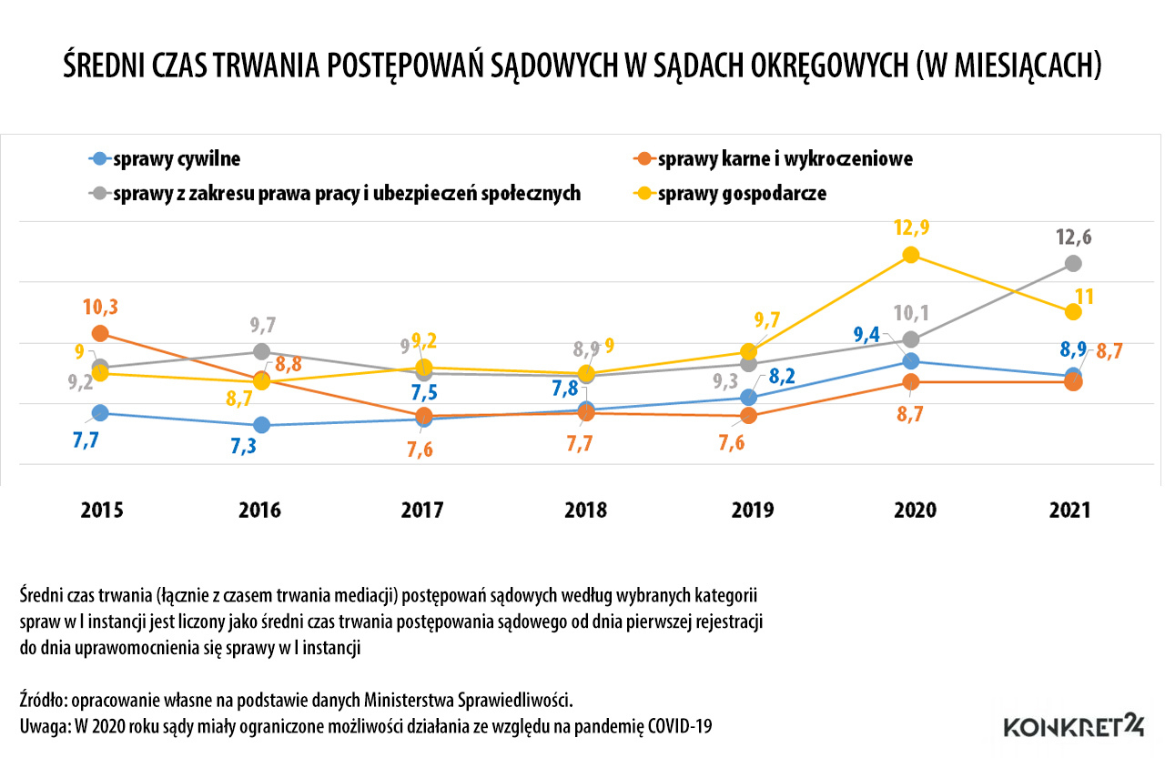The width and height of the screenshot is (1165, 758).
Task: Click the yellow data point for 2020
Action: pyautogui.click(x=910, y=255)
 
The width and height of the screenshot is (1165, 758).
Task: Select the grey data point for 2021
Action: pyautogui.click(x=1073, y=263)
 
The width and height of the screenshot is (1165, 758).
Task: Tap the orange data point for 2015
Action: pyautogui.click(x=100, y=334)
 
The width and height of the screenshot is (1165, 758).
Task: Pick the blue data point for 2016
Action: pyautogui.click(x=262, y=425)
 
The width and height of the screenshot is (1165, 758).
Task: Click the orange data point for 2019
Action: pyautogui.click(x=748, y=415)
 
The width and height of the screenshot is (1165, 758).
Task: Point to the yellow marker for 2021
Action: pyautogui.click(x=1073, y=312)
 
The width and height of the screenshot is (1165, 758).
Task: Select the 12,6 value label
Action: pyautogui.click(x=1073, y=238)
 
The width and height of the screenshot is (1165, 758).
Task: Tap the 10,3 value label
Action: pyautogui.click(x=100, y=306)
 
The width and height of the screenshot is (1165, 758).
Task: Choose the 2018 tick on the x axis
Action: pyautogui.click(x=584, y=510)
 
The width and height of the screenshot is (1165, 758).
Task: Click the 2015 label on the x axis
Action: pyautogui.click(x=101, y=510)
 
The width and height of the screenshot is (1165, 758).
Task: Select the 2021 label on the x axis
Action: pyautogui.click(x=1069, y=510)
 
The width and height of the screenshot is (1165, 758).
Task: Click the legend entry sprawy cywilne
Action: pyautogui.click(x=177, y=159)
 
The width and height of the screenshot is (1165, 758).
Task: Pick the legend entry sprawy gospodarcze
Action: pyautogui.click(x=741, y=193)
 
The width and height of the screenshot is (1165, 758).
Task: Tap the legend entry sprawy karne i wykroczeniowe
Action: pyautogui.click(x=785, y=159)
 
